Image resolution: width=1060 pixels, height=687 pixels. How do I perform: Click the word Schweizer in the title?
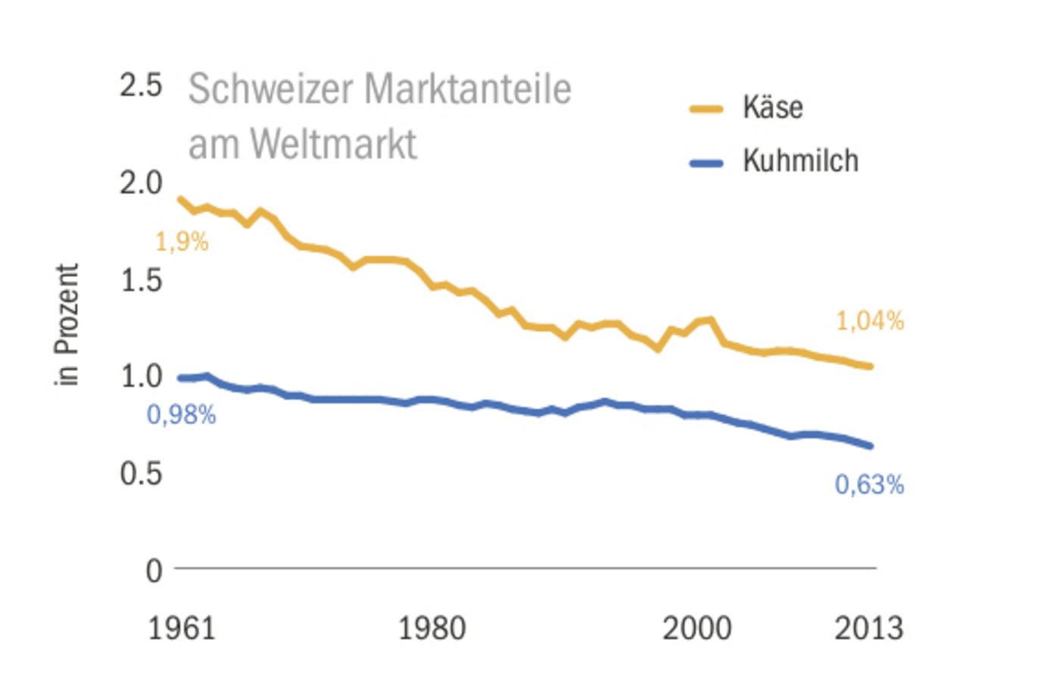tap(271, 89)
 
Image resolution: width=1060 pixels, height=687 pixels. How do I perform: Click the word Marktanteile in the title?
tap(467, 89)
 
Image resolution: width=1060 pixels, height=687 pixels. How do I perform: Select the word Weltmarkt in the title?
tap(333, 144)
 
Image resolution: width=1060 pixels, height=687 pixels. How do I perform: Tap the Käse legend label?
tap(772, 108)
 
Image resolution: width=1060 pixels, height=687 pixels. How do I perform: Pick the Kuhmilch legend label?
tap(800, 161)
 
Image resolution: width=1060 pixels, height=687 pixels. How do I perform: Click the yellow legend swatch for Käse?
tap(706, 109)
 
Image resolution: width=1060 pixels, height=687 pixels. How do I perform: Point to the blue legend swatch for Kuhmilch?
tap(706, 163)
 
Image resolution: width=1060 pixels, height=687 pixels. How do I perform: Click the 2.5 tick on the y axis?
tap(141, 85)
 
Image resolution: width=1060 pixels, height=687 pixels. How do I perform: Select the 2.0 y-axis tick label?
tap(141, 183)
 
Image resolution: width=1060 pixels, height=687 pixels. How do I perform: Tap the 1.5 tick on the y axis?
tap(142, 280)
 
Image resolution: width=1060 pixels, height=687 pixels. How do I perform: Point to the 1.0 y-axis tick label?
tap(142, 376)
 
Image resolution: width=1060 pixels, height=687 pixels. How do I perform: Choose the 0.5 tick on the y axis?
tap(141, 473)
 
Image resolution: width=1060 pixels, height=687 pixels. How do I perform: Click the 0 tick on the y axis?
tap(154, 570)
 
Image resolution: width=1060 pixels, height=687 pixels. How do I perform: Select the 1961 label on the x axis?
tap(181, 629)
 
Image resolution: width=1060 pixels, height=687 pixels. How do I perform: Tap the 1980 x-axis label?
tap(432, 629)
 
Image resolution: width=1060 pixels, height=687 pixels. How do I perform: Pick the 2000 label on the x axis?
tap(697, 629)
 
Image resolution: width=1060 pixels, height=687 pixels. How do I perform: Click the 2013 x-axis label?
tap(868, 629)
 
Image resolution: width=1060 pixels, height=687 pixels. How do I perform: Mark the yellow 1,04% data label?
tap(869, 321)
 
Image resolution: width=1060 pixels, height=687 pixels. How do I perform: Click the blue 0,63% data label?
tap(869, 485)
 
